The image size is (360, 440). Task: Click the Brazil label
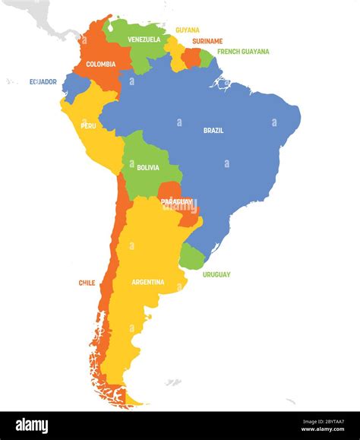tap(213, 130)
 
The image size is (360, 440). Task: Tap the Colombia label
tap(101, 65)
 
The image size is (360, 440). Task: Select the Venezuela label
tap(144, 39)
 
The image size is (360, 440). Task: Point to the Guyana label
tap(188, 30)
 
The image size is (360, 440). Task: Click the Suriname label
tap(207, 40)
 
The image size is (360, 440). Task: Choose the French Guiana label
tap(243, 52)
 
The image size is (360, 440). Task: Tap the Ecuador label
tap(43, 81)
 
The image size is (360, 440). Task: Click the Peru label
tap(88, 125)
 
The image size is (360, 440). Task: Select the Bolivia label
tap(148, 167)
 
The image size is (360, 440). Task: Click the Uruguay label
tap(216, 274)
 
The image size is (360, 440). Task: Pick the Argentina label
tap(147, 282)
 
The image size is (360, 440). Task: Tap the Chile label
tap(87, 283)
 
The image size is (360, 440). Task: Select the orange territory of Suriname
tap(192, 57)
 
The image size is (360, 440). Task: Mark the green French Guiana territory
tap(206, 58)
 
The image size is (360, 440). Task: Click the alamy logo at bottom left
tap(31, 426)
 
